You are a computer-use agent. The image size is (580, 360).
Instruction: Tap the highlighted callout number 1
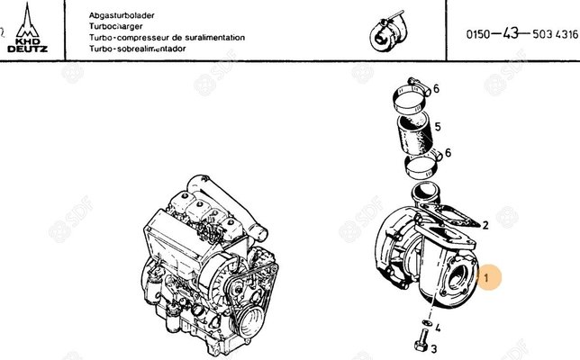click(486, 280)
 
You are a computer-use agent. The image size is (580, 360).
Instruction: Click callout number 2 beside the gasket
click(485, 224)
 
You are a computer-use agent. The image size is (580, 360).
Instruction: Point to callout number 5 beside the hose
click(436, 127)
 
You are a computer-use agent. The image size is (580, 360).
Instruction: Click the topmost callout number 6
click(436, 88)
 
